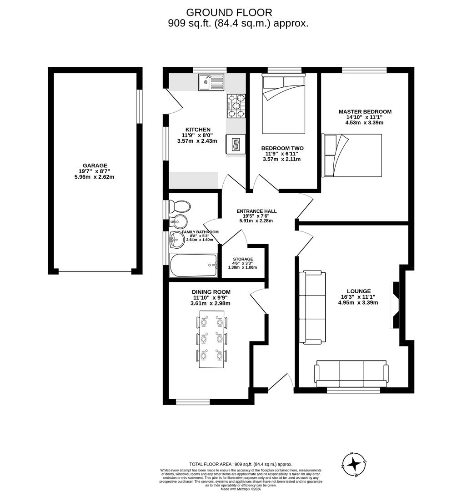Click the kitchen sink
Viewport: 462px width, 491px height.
[x=211, y=82]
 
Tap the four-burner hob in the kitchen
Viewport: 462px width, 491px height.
[x=236, y=105]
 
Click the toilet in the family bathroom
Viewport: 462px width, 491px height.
[x=179, y=207]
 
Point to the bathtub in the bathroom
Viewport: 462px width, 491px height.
[x=193, y=265]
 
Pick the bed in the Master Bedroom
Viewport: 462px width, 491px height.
[x=352, y=155]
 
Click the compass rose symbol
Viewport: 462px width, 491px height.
[x=354, y=464]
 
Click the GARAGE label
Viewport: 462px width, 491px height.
[x=95, y=165]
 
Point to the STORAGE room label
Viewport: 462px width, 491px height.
[x=243, y=259]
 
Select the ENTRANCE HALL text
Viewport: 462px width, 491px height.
[x=256, y=211]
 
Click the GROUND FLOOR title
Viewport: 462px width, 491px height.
[x=229, y=12]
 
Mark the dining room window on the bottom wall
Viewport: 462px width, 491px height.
[x=193, y=402]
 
